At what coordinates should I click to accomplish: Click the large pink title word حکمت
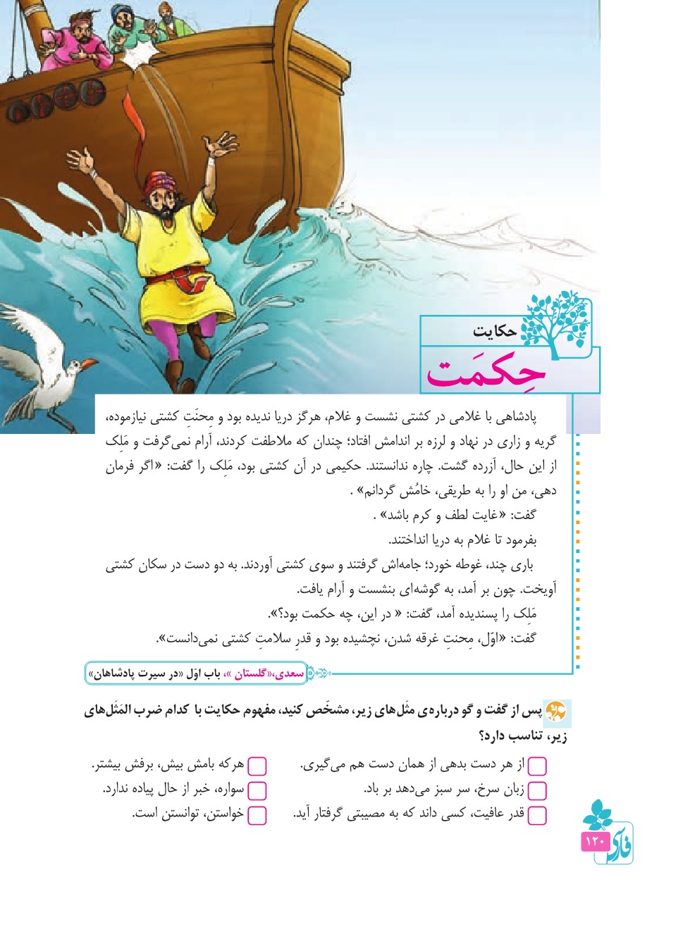click(486, 371)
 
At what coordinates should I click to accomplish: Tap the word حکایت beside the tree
click(495, 331)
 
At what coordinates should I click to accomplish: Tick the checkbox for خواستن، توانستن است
click(257, 815)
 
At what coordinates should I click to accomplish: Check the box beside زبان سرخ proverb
click(537, 790)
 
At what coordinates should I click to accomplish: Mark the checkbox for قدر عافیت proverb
click(537, 815)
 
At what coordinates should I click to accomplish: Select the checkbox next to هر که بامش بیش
click(257, 766)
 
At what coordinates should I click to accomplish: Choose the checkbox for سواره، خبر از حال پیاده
click(257, 790)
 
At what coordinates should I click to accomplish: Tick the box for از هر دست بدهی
click(537, 766)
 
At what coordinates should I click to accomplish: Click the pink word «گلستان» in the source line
click(250, 674)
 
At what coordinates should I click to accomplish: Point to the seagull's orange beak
click(89, 364)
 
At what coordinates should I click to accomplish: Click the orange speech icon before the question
click(556, 709)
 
